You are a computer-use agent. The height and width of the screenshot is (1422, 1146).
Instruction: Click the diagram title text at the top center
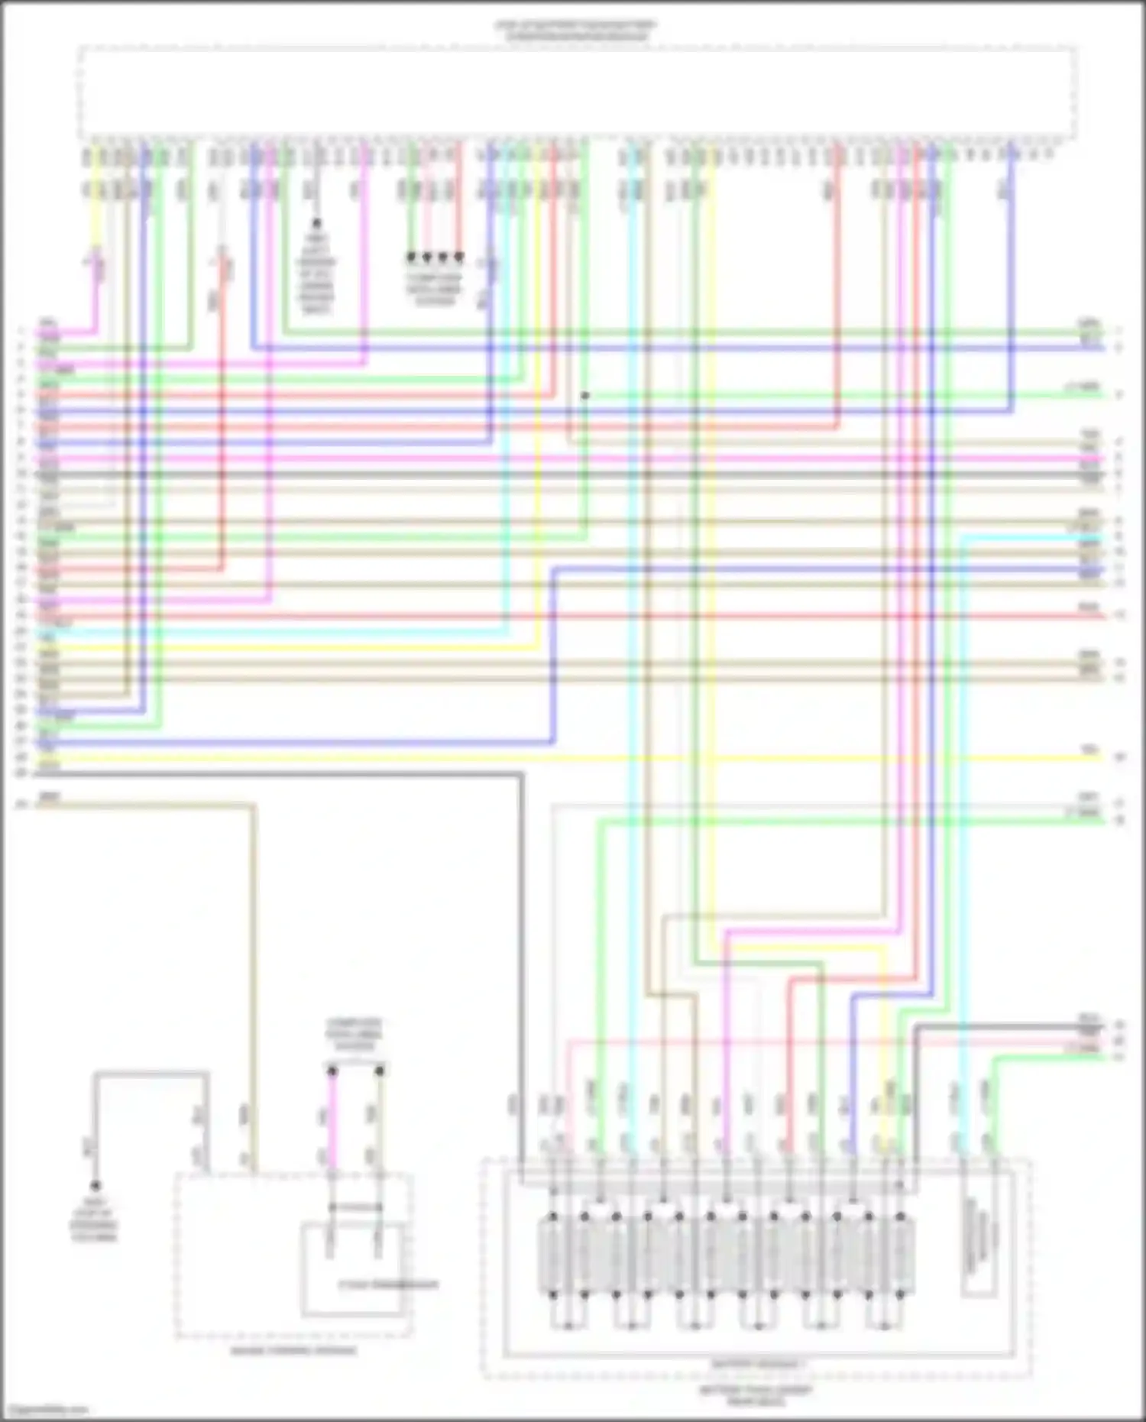tap(575, 30)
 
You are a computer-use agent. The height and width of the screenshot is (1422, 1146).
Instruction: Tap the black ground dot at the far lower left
tap(95, 1186)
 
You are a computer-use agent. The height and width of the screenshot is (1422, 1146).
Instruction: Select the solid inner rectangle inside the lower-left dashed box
tap(353, 1268)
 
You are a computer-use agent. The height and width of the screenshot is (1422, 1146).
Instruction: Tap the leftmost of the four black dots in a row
tap(411, 258)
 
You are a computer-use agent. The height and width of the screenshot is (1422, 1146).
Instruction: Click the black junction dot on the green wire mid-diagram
tap(585, 395)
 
